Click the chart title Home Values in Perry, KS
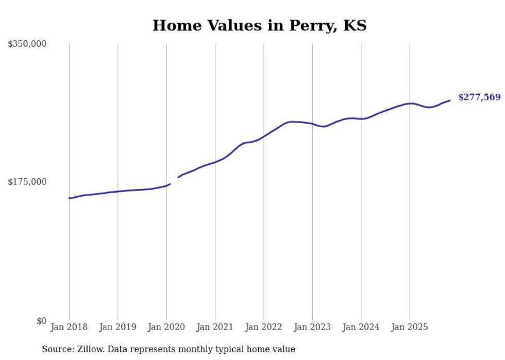[x=259, y=26]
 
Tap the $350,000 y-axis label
[x=27, y=44]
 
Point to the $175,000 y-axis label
[x=27, y=182]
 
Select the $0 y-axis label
[x=41, y=321]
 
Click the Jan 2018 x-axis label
[x=69, y=327]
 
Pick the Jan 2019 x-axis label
[x=117, y=327]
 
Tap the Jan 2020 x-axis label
[x=166, y=327]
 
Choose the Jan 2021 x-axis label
[x=215, y=327]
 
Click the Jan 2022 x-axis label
[x=264, y=327]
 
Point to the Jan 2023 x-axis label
[x=312, y=327]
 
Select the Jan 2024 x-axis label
[x=361, y=327]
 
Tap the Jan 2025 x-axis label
[x=410, y=327]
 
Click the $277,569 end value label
[x=479, y=97]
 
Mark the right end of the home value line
[x=450, y=100]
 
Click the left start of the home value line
[x=70, y=198]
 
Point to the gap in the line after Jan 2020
[x=174, y=180]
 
